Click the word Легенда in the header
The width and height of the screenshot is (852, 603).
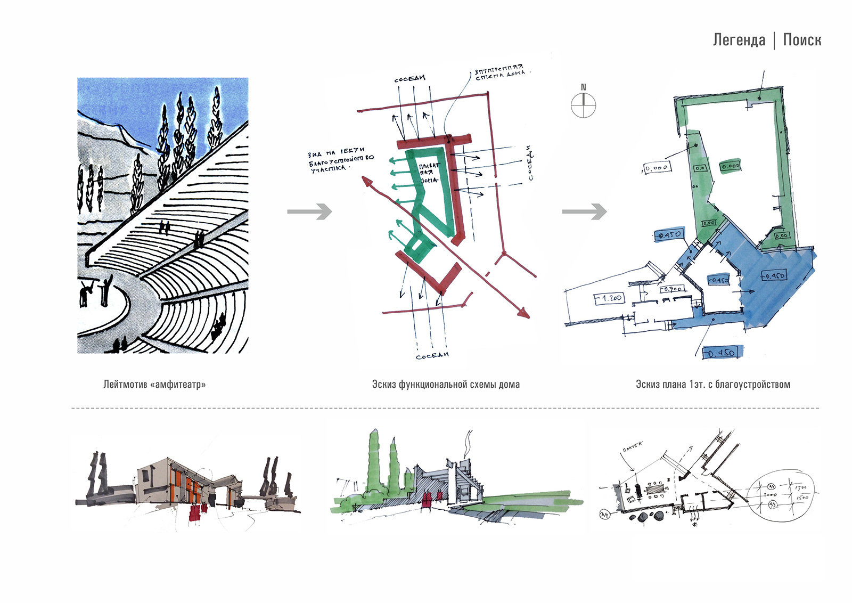[x=739, y=40]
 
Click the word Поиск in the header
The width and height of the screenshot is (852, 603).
[x=802, y=40]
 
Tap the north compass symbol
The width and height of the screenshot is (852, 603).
[x=584, y=105]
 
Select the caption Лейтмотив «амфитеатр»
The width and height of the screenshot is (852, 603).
[x=154, y=384]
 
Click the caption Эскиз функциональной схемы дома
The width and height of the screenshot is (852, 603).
[x=446, y=384]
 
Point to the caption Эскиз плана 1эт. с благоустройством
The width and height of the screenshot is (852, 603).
[x=712, y=384]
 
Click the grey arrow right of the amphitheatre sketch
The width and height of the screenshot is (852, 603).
[x=309, y=211]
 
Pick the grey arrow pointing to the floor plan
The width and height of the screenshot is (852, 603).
[x=584, y=211]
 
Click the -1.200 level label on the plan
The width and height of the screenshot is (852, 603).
[x=609, y=298]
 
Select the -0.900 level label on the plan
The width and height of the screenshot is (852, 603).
[x=671, y=289]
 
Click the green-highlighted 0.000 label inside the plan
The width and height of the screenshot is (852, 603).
[x=731, y=166]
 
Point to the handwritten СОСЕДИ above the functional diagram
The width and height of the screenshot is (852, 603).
[x=409, y=79]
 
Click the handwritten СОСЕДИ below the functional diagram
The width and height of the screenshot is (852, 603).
[x=432, y=355]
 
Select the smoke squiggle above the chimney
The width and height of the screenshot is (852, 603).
[x=468, y=443]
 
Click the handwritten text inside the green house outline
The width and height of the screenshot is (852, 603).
[x=428, y=173]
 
